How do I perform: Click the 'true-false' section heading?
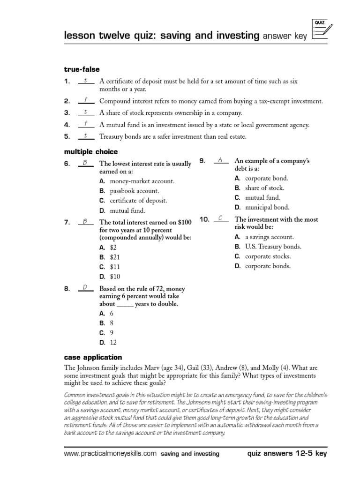[x=82, y=69]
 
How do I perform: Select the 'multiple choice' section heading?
[x=90, y=152]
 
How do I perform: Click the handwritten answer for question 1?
[x=86, y=81]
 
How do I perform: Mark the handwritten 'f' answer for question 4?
[x=86, y=124]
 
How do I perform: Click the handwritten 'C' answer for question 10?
[x=220, y=218]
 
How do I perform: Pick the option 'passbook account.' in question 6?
[x=134, y=191]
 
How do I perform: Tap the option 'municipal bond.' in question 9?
[x=267, y=207]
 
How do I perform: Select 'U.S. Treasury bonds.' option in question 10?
[x=273, y=247]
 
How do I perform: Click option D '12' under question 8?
[x=113, y=343]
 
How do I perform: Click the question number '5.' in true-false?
[x=67, y=137]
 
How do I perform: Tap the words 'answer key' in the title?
[x=284, y=36]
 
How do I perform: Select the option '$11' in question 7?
[x=115, y=267]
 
